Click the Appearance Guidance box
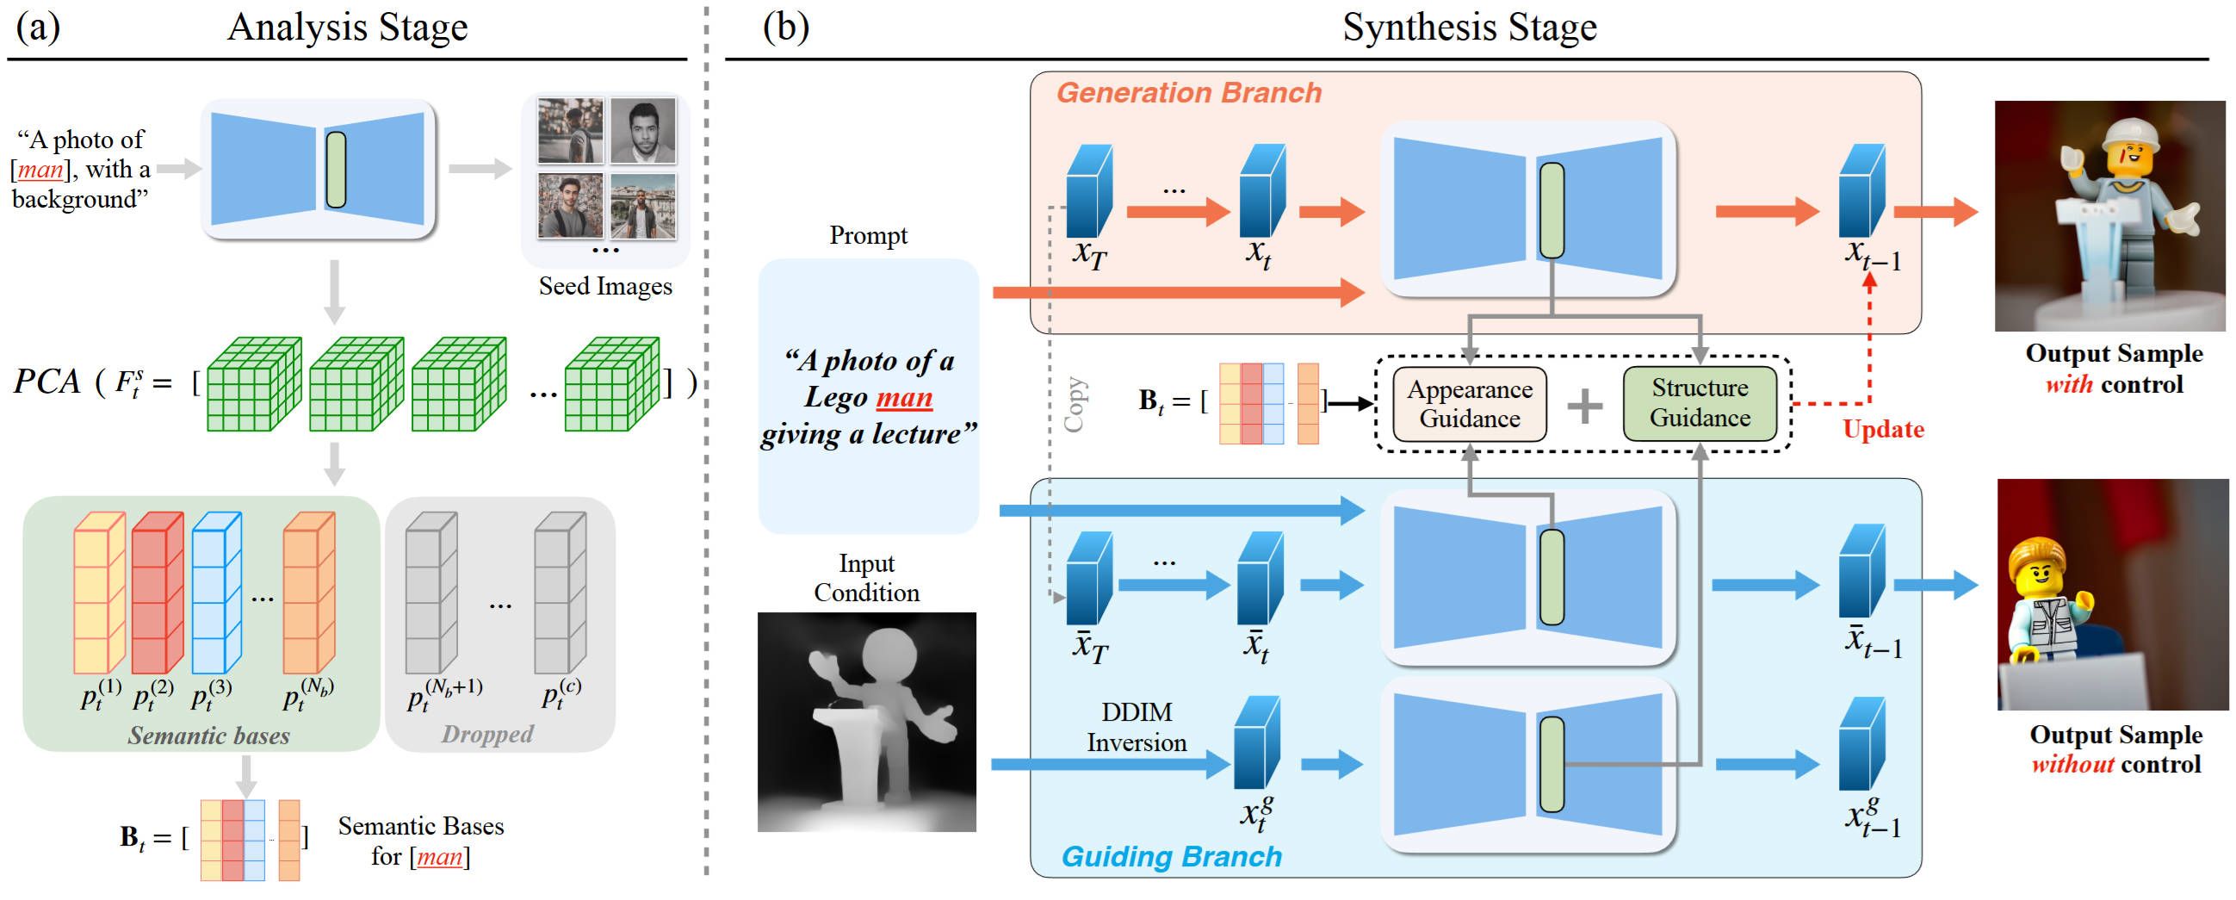(1469, 405)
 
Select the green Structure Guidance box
(1699, 403)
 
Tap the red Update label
(1883, 429)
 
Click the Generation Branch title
(1188, 93)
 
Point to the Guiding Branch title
(1171, 857)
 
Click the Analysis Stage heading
(347, 27)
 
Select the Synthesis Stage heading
(1469, 27)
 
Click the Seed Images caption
(605, 286)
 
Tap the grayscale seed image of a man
(642, 131)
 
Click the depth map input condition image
(866, 722)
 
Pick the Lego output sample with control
(2109, 216)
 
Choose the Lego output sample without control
(2112, 594)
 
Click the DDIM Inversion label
(1137, 727)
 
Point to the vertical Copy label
(1075, 405)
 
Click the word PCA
(46, 382)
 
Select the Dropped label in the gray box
(487, 735)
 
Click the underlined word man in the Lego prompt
(903, 398)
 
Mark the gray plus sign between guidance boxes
(1584, 406)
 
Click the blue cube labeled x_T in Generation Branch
(1088, 192)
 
